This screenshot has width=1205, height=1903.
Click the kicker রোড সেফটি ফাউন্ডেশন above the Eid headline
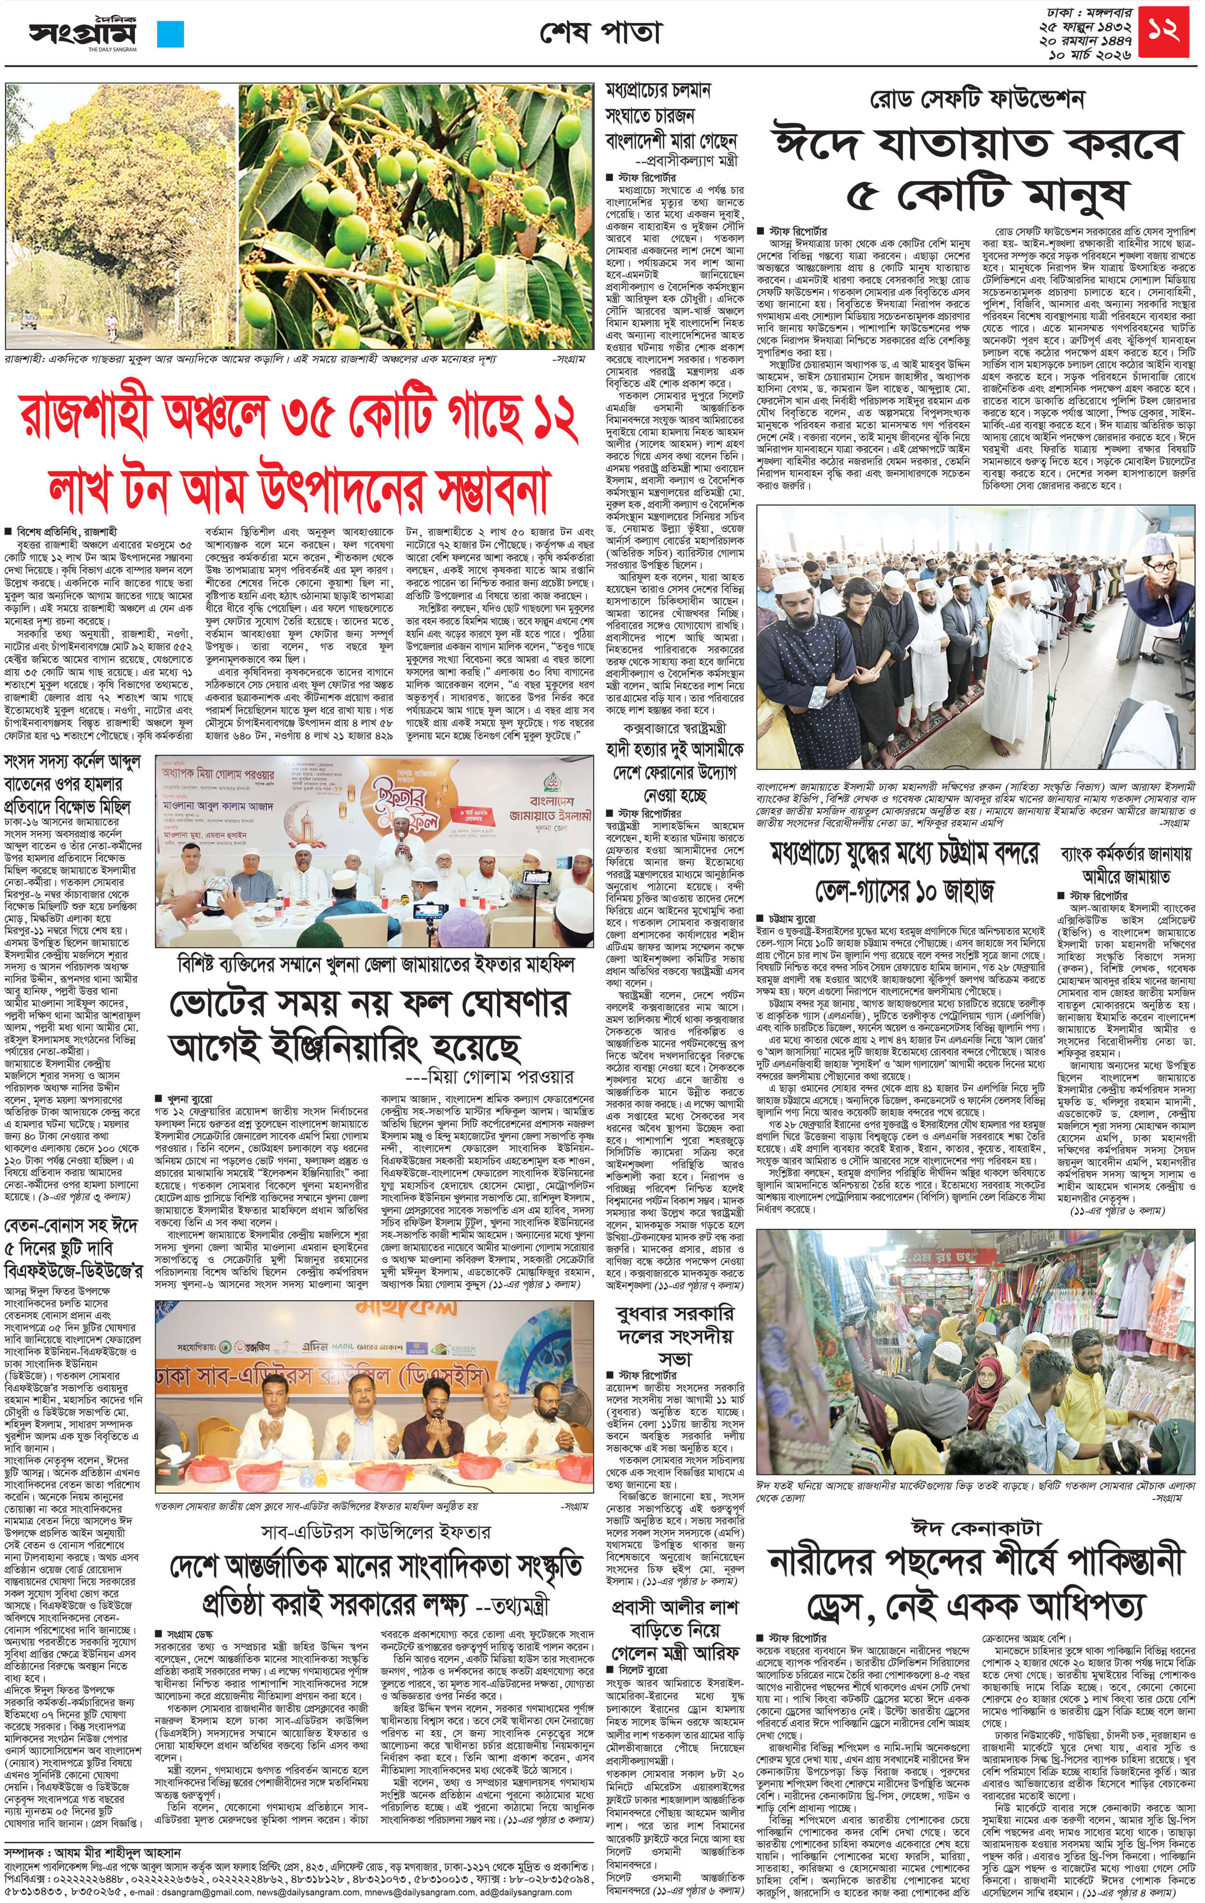[x=977, y=100]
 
